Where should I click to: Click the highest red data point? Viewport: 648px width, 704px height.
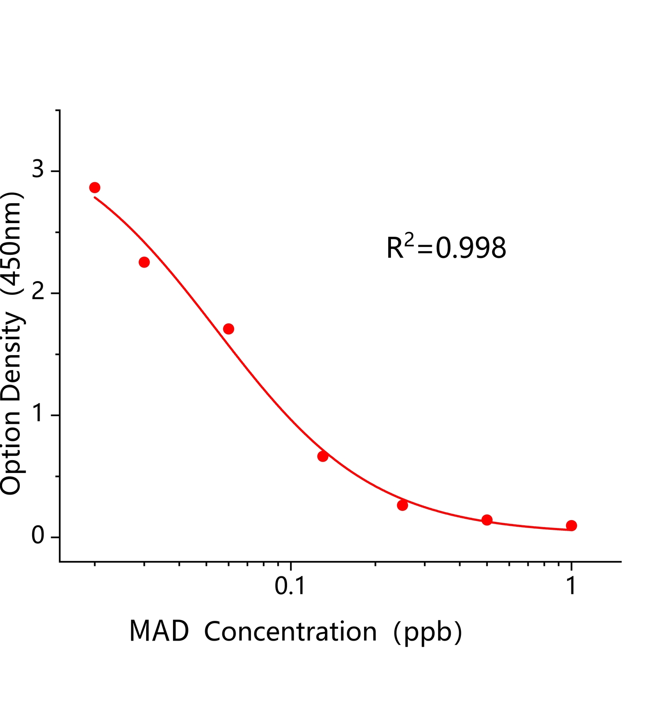coord(95,187)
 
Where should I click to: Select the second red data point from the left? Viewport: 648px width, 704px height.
coord(144,262)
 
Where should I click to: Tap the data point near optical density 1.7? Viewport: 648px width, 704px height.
coord(228,329)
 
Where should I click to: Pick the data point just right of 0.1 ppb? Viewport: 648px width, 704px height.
coord(323,456)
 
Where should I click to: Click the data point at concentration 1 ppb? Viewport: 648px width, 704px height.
coord(571,525)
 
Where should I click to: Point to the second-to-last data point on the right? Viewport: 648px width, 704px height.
coord(487,520)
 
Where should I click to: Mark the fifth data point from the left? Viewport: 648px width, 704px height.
coord(402,505)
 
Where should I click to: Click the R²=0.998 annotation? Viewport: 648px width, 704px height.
coord(446,247)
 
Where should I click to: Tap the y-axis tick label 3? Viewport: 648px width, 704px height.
coord(38,170)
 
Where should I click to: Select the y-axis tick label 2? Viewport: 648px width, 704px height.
coord(38,293)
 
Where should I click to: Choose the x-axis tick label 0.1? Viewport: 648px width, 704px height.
coord(290,586)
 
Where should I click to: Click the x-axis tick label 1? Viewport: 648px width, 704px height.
coord(571,586)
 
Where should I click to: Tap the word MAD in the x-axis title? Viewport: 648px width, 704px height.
coord(159,632)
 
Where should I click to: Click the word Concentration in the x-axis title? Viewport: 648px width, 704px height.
coord(291,632)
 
